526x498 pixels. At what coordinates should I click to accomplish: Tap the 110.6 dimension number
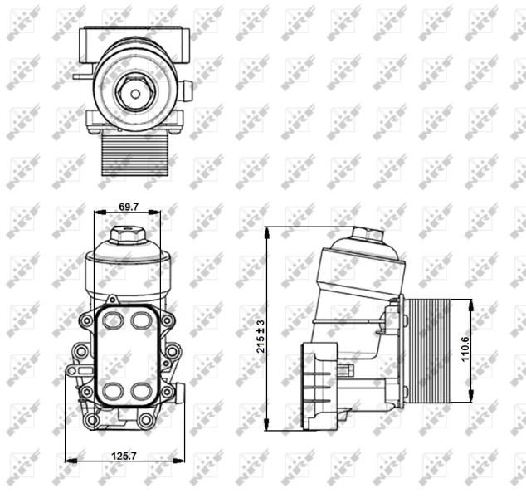tap(465, 349)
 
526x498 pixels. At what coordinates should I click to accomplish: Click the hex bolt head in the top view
tap(134, 93)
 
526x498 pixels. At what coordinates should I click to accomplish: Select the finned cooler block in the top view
tap(135, 155)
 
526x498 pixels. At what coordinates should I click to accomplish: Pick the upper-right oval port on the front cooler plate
tap(138, 320)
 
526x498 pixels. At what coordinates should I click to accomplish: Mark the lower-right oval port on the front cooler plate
tap(138, 390)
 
